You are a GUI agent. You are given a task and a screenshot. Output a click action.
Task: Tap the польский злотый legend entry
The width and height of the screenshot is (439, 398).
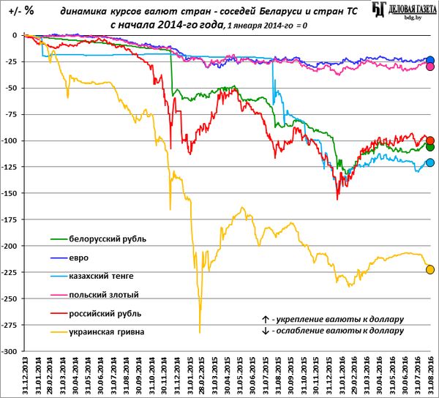103,295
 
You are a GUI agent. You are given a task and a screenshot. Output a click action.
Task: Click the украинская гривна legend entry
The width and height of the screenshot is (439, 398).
107,332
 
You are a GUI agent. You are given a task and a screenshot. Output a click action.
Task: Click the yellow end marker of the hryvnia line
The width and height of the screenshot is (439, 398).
430,269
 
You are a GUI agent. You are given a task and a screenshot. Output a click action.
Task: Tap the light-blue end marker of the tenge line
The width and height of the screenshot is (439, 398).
430,162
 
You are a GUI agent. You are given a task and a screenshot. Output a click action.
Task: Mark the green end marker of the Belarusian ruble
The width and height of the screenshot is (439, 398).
430,147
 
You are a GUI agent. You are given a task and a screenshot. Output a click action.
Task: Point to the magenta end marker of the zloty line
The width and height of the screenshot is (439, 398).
430,67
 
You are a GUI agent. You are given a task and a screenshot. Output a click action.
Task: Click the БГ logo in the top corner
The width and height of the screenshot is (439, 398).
379,10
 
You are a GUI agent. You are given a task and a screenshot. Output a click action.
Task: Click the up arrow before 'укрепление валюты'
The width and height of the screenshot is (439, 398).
264,320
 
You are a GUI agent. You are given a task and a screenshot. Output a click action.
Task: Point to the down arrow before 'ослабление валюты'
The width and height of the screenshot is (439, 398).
264,331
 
